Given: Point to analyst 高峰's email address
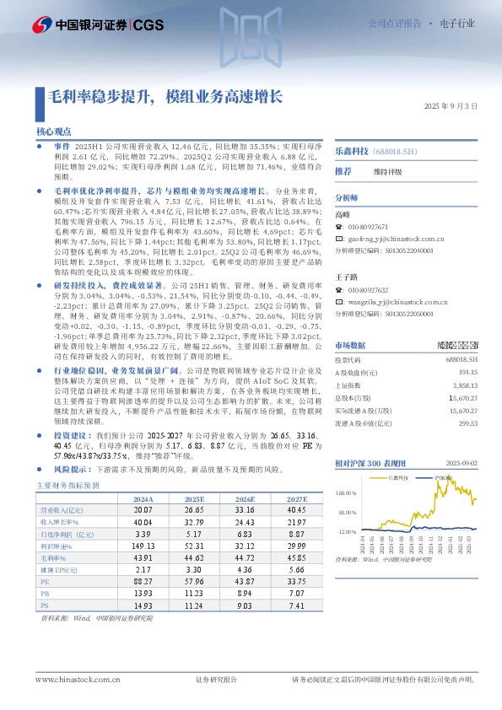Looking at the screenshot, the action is (x=400, y=239).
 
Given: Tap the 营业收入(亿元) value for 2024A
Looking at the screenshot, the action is (x=143, y=510).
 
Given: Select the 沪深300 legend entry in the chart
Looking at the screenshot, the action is (x=444, y=477).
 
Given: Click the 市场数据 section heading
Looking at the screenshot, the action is (x=350, y=346).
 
